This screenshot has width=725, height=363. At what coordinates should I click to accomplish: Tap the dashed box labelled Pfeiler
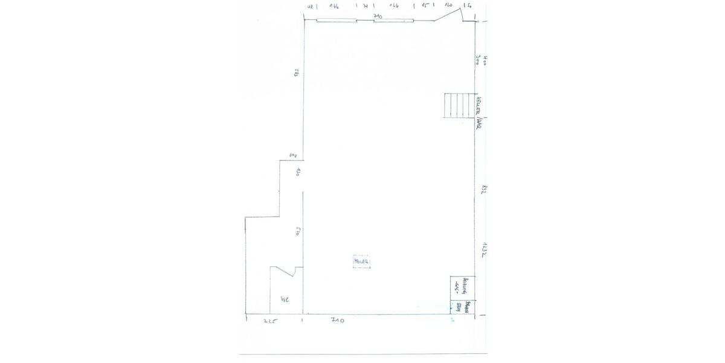(x=361, y=261)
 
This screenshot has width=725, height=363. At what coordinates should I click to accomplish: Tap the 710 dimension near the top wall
(x=378, y=16)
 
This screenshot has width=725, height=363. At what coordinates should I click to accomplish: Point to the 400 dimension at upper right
(x=486, y=60)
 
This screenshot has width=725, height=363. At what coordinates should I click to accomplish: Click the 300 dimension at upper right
(x=478, y=60)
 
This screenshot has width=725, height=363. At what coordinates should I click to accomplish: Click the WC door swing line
(x=282, y=270)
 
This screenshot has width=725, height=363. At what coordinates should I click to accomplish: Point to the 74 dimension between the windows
(x=365, y=5)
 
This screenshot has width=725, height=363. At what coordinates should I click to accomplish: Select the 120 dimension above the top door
(x=449, y=5)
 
